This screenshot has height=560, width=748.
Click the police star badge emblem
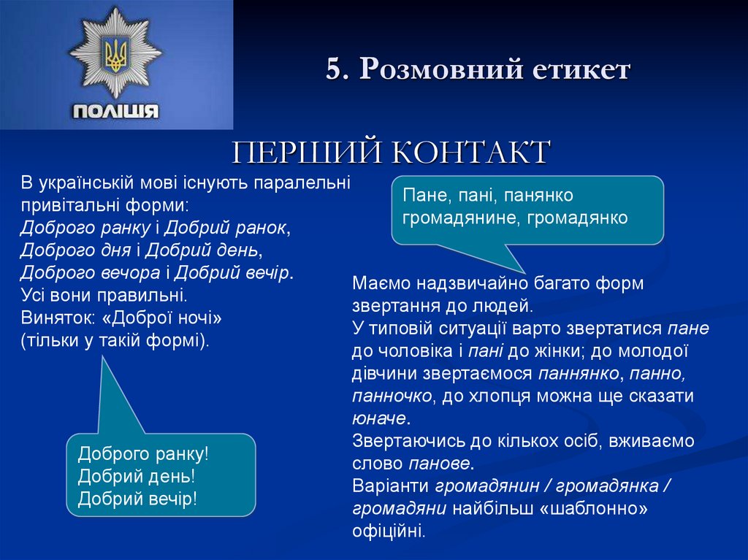(115, 54)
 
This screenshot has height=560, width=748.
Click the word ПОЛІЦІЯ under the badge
(115, 111)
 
